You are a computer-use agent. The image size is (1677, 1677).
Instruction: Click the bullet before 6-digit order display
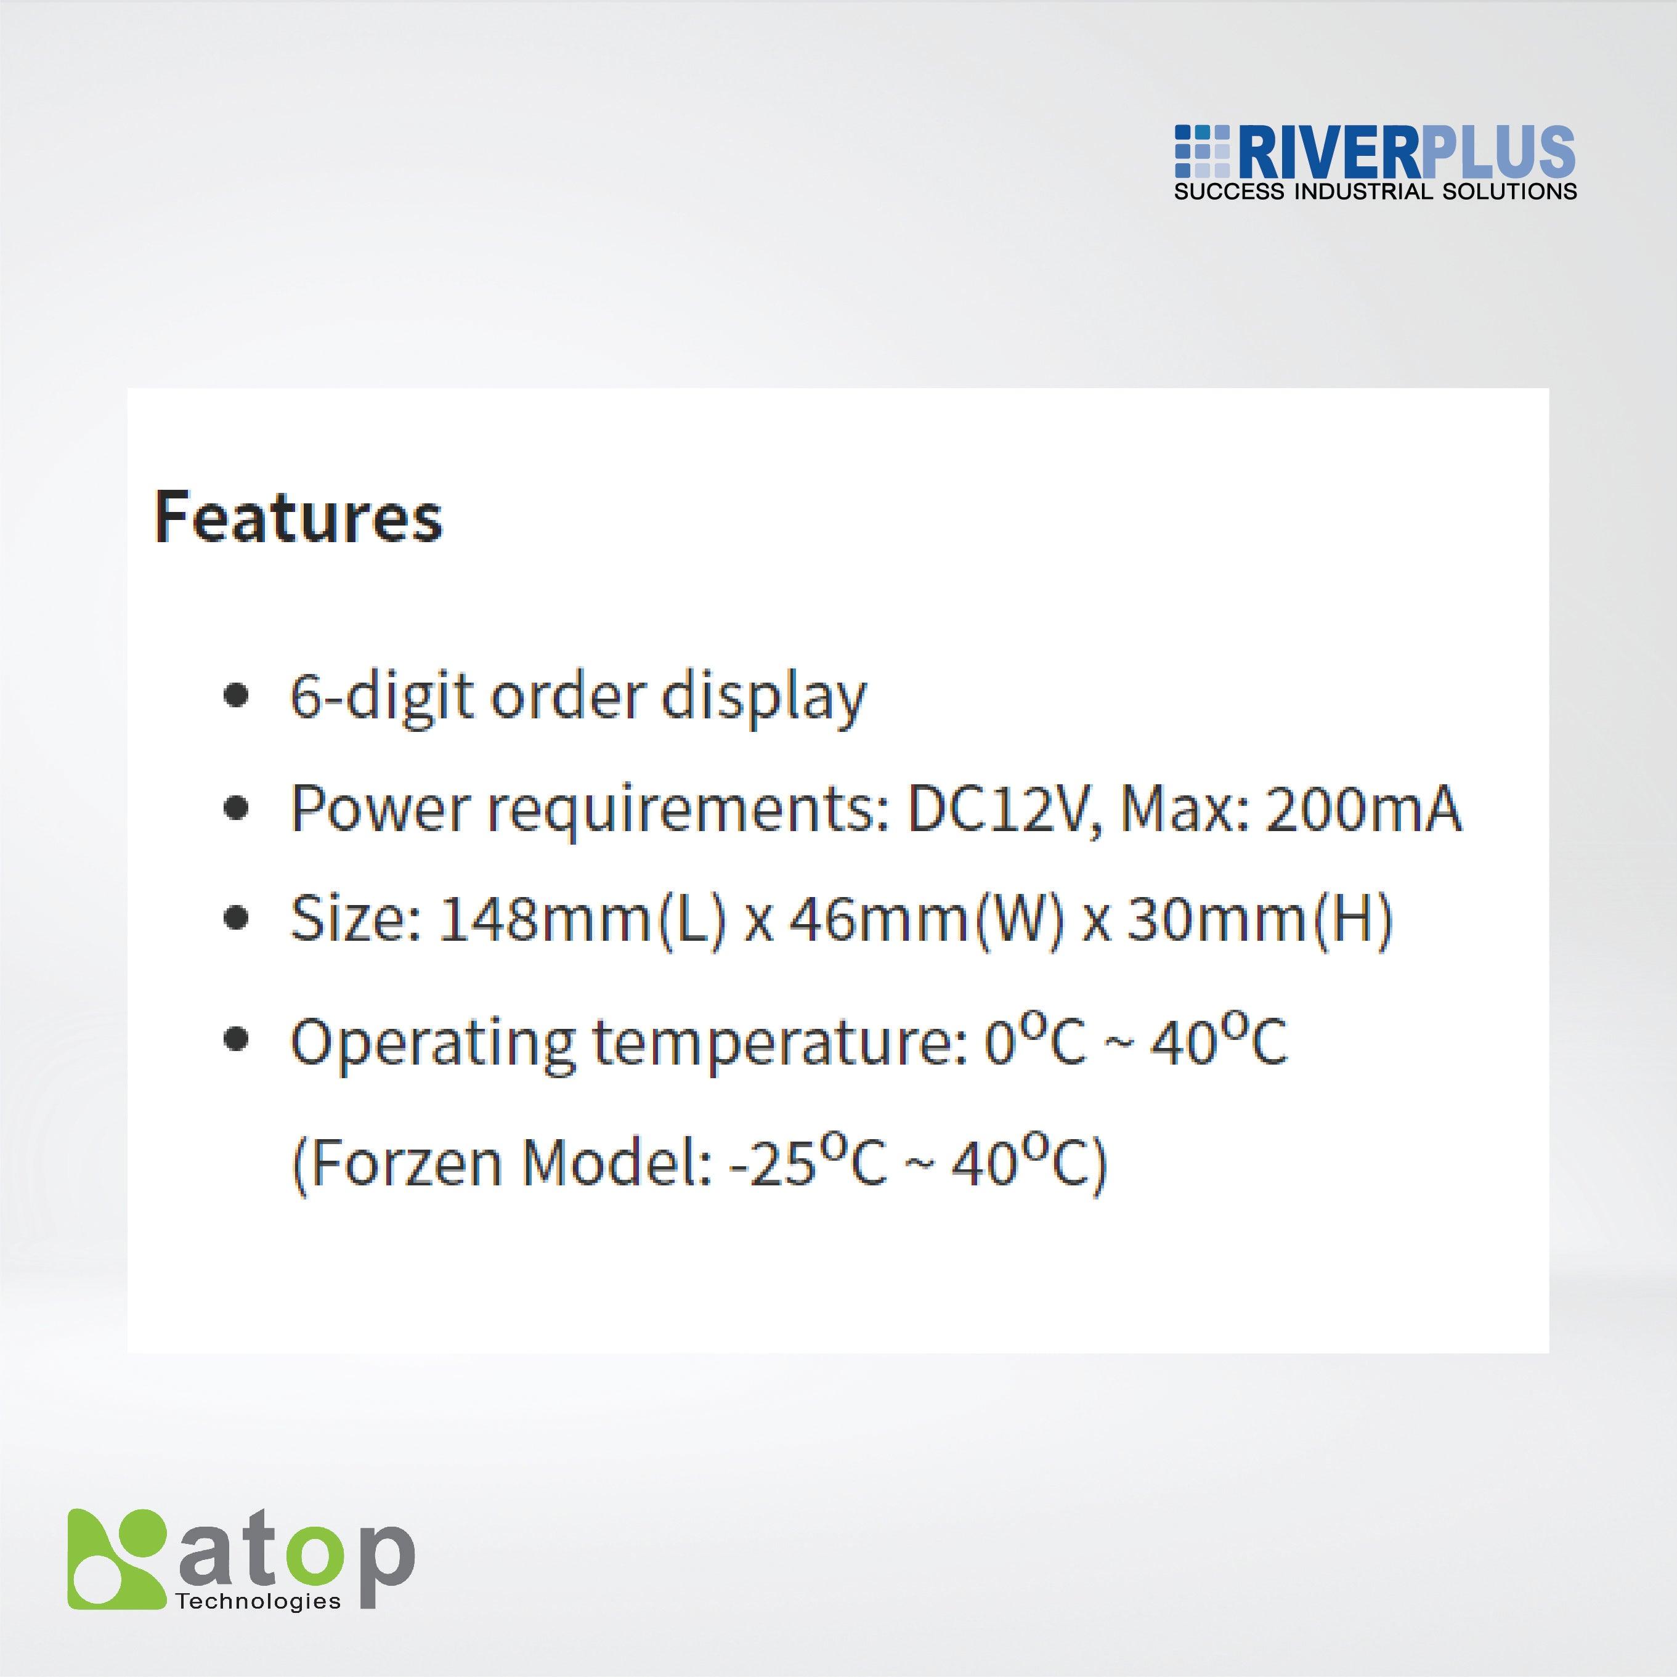tap(235, 697)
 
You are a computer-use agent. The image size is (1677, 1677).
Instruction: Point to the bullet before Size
tap(235, 919)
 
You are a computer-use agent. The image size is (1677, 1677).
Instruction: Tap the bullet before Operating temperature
tap(235, 1039)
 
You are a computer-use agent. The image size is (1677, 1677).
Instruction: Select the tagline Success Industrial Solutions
tap(1375, 192)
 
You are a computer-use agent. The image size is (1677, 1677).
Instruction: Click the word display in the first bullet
tap(764, 697)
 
